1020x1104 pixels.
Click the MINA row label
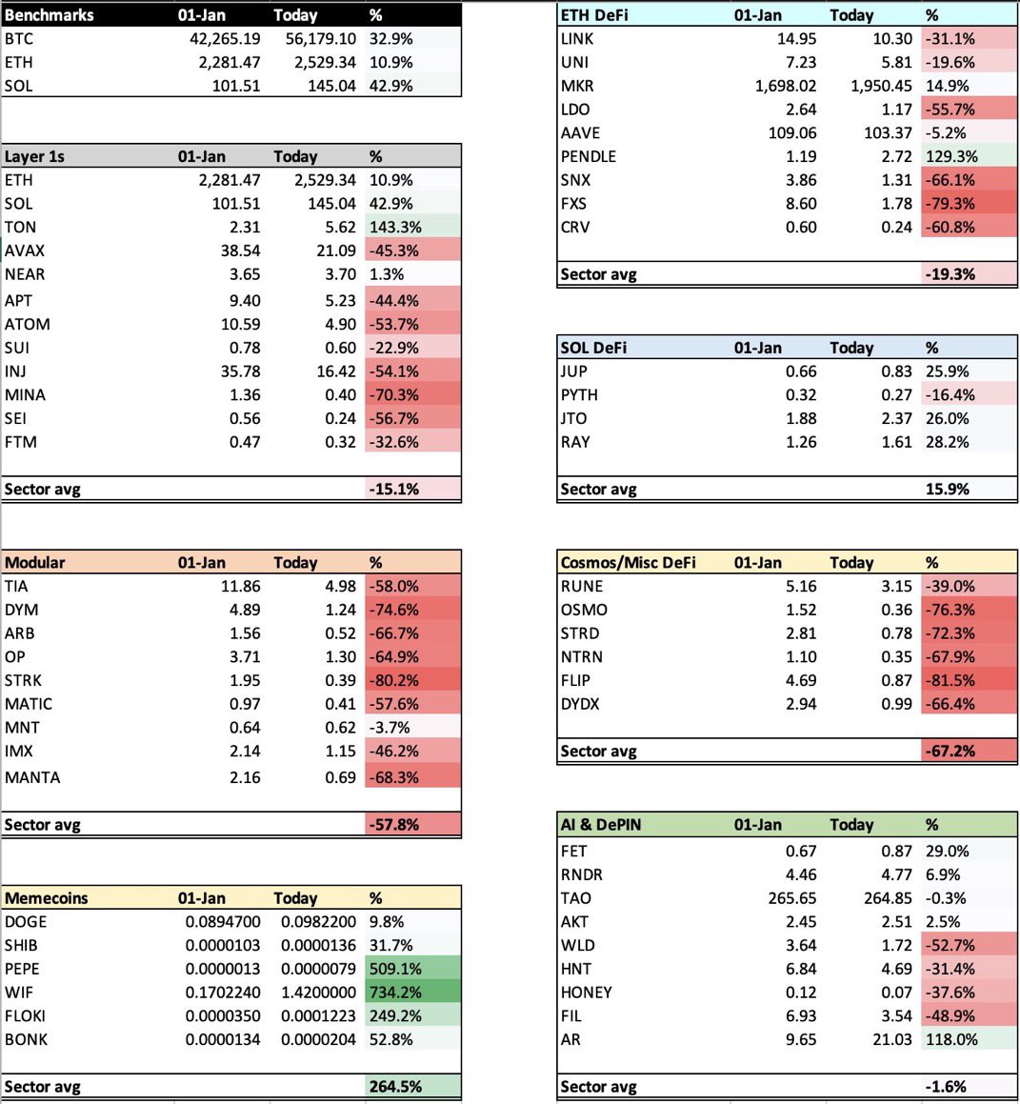[x=25, y=395]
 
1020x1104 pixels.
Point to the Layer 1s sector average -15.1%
[x=393, y=490]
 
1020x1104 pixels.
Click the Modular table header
[x=35, y=563]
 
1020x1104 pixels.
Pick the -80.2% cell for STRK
[x=393, y=681]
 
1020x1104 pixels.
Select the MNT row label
[x=22, y=728]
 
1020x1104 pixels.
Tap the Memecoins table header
[x=46, y=898]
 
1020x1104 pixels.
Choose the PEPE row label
[x=22, y=969]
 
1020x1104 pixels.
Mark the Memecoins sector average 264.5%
[x=395, y=1087]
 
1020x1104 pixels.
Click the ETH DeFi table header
[x=594, y=15]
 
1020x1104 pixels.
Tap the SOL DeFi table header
[x=593, y=348]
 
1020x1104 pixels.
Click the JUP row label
[x=574, y=371]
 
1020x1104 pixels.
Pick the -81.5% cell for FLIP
[x=950, y=681]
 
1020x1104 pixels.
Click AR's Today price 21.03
[x=891, y=1039]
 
